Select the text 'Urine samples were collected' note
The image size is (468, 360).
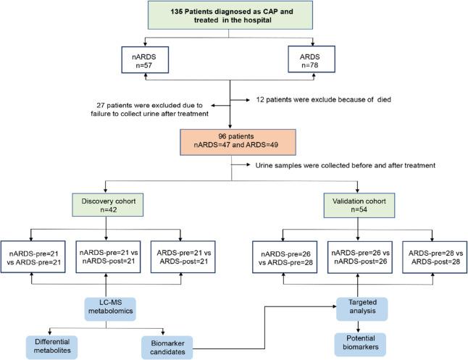(333, 166)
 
